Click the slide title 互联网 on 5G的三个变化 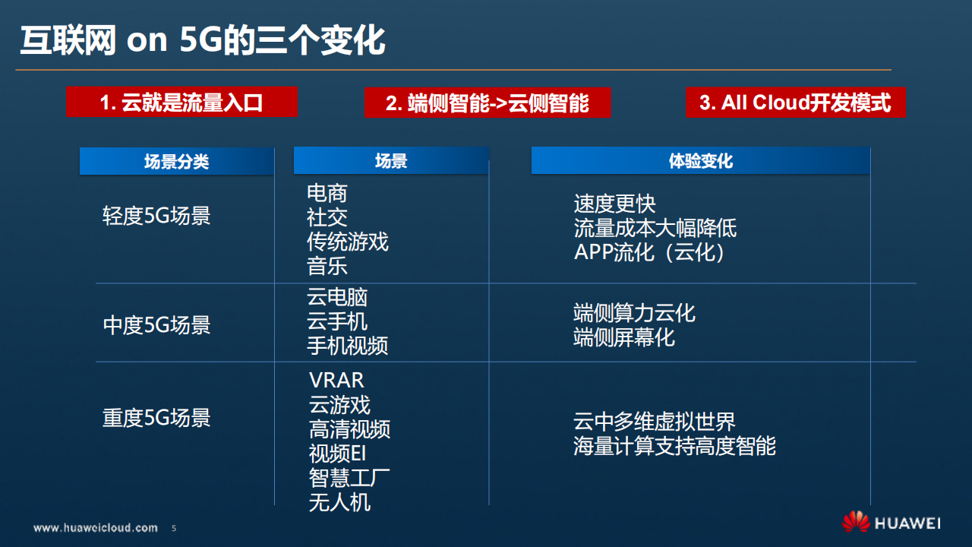(x=202, y=40)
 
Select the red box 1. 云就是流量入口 (x=181, y=102)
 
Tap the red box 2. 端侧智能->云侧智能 (x=487, y=103)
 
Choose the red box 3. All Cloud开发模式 (x=795, y=102)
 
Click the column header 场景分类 (x=176, y=161)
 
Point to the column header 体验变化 (x=700, y=161)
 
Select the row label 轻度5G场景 (x=156, y=216)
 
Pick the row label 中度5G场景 (x=156, y=325)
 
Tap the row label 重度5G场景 (x=156, y=418)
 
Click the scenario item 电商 (x=327, y=193)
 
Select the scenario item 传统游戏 (x=348, y=242)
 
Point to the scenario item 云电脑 (x=337, y=297)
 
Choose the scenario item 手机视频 (x=348, y=346)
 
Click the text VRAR (x=336, y=380)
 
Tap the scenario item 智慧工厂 (x=349, y=478)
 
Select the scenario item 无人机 (x=339, y=502)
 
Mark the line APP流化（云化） (x=650, y=252)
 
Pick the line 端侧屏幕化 (x=624, y=337)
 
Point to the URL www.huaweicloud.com (x=96, y=527)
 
